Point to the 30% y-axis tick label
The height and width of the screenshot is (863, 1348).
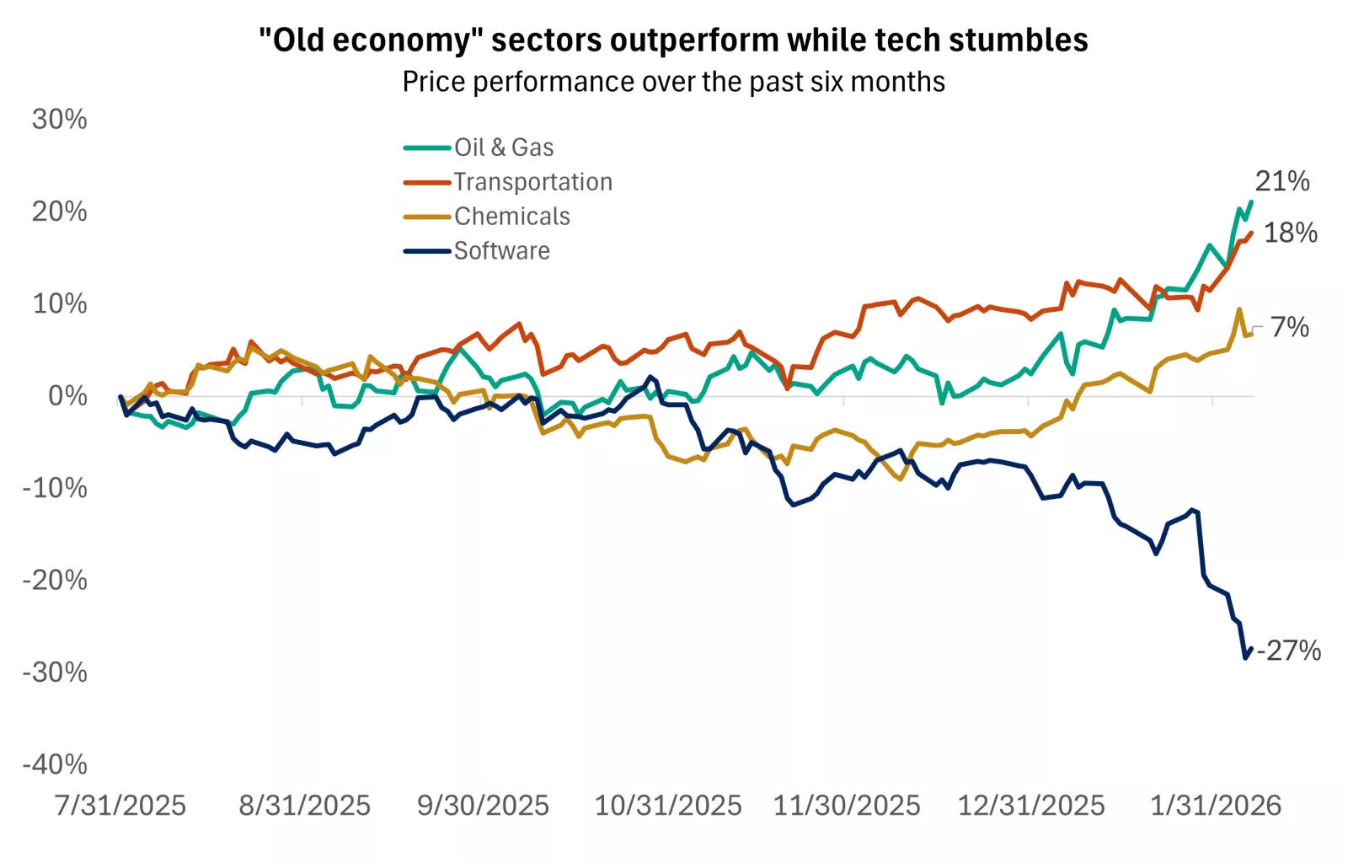(x=59, y=120)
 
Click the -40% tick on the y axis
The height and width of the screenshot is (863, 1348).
(x=55, y=764)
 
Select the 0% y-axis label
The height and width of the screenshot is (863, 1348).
(x=67, y=396)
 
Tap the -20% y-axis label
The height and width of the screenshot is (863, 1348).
(x=55, y=580)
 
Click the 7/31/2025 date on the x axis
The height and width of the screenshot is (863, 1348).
(x=120, y=806)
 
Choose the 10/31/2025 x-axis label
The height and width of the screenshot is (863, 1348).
(x=668, y=806)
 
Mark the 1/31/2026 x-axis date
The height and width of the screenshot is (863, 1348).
(x=1216, y=806)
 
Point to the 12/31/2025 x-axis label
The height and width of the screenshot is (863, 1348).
(x=1031, y=806)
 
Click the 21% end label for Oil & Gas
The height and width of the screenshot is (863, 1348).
(x=1282, y=181)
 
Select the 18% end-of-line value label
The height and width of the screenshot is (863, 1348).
(x=1291, y=233)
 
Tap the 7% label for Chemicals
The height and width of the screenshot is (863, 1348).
(x=1290, y=327)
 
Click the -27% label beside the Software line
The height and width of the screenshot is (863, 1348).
(x=1289, y=651)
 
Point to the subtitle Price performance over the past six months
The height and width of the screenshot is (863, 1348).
(x=673, y=82)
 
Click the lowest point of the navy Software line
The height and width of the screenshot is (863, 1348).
(x=1245, y=657)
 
